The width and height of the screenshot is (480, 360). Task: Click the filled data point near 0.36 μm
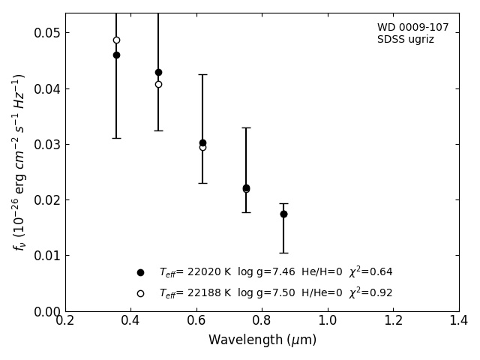tap(116, 55)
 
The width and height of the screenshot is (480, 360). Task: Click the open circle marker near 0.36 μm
tap(116, 40)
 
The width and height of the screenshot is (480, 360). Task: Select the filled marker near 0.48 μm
tap(158, 73)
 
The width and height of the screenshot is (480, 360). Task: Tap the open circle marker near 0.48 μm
tap(158, 84)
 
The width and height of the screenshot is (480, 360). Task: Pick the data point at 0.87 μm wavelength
tap(283, 214)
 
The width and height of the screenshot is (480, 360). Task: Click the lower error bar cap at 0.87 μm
tap(283, 253)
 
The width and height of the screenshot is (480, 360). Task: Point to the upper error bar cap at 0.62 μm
tap(202, 74)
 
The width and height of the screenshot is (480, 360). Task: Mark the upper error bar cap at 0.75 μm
tap(246, 127)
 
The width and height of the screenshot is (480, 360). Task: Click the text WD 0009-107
tap(412, 28)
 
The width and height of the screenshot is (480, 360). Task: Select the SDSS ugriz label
tap(405, 40)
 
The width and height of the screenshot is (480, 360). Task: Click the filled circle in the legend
tap(140, 272)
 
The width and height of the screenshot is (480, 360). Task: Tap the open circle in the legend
tap(140, 293)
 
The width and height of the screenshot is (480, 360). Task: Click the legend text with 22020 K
tap(275, 272)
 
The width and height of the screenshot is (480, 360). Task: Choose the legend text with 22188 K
tap(275, 293)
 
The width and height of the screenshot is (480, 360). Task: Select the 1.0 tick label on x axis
tap(328, 321)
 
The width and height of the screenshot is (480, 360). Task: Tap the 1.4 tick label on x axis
tap(459, 321)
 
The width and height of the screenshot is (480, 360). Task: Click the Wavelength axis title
tap(262, 340)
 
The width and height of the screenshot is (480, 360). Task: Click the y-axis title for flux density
tap(19, 162)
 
